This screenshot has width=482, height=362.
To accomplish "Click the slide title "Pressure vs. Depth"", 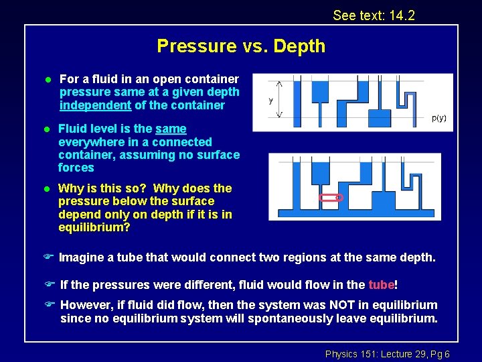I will (241, 46).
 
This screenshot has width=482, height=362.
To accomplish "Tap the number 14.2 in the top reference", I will (401, 15).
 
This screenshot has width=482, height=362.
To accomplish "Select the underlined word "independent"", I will (95, 105).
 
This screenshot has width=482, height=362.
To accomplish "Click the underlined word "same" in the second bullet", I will (171, 129).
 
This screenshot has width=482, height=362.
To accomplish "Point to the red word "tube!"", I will (383, 285).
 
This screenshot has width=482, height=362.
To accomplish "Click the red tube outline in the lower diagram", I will (331, 198).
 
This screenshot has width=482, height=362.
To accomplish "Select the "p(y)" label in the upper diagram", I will (438, 119).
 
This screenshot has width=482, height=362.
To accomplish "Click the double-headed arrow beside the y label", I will (279, 99).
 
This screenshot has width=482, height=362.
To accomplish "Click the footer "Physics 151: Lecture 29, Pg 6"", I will (387, 354).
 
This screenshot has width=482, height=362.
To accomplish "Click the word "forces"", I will (76, 168).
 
